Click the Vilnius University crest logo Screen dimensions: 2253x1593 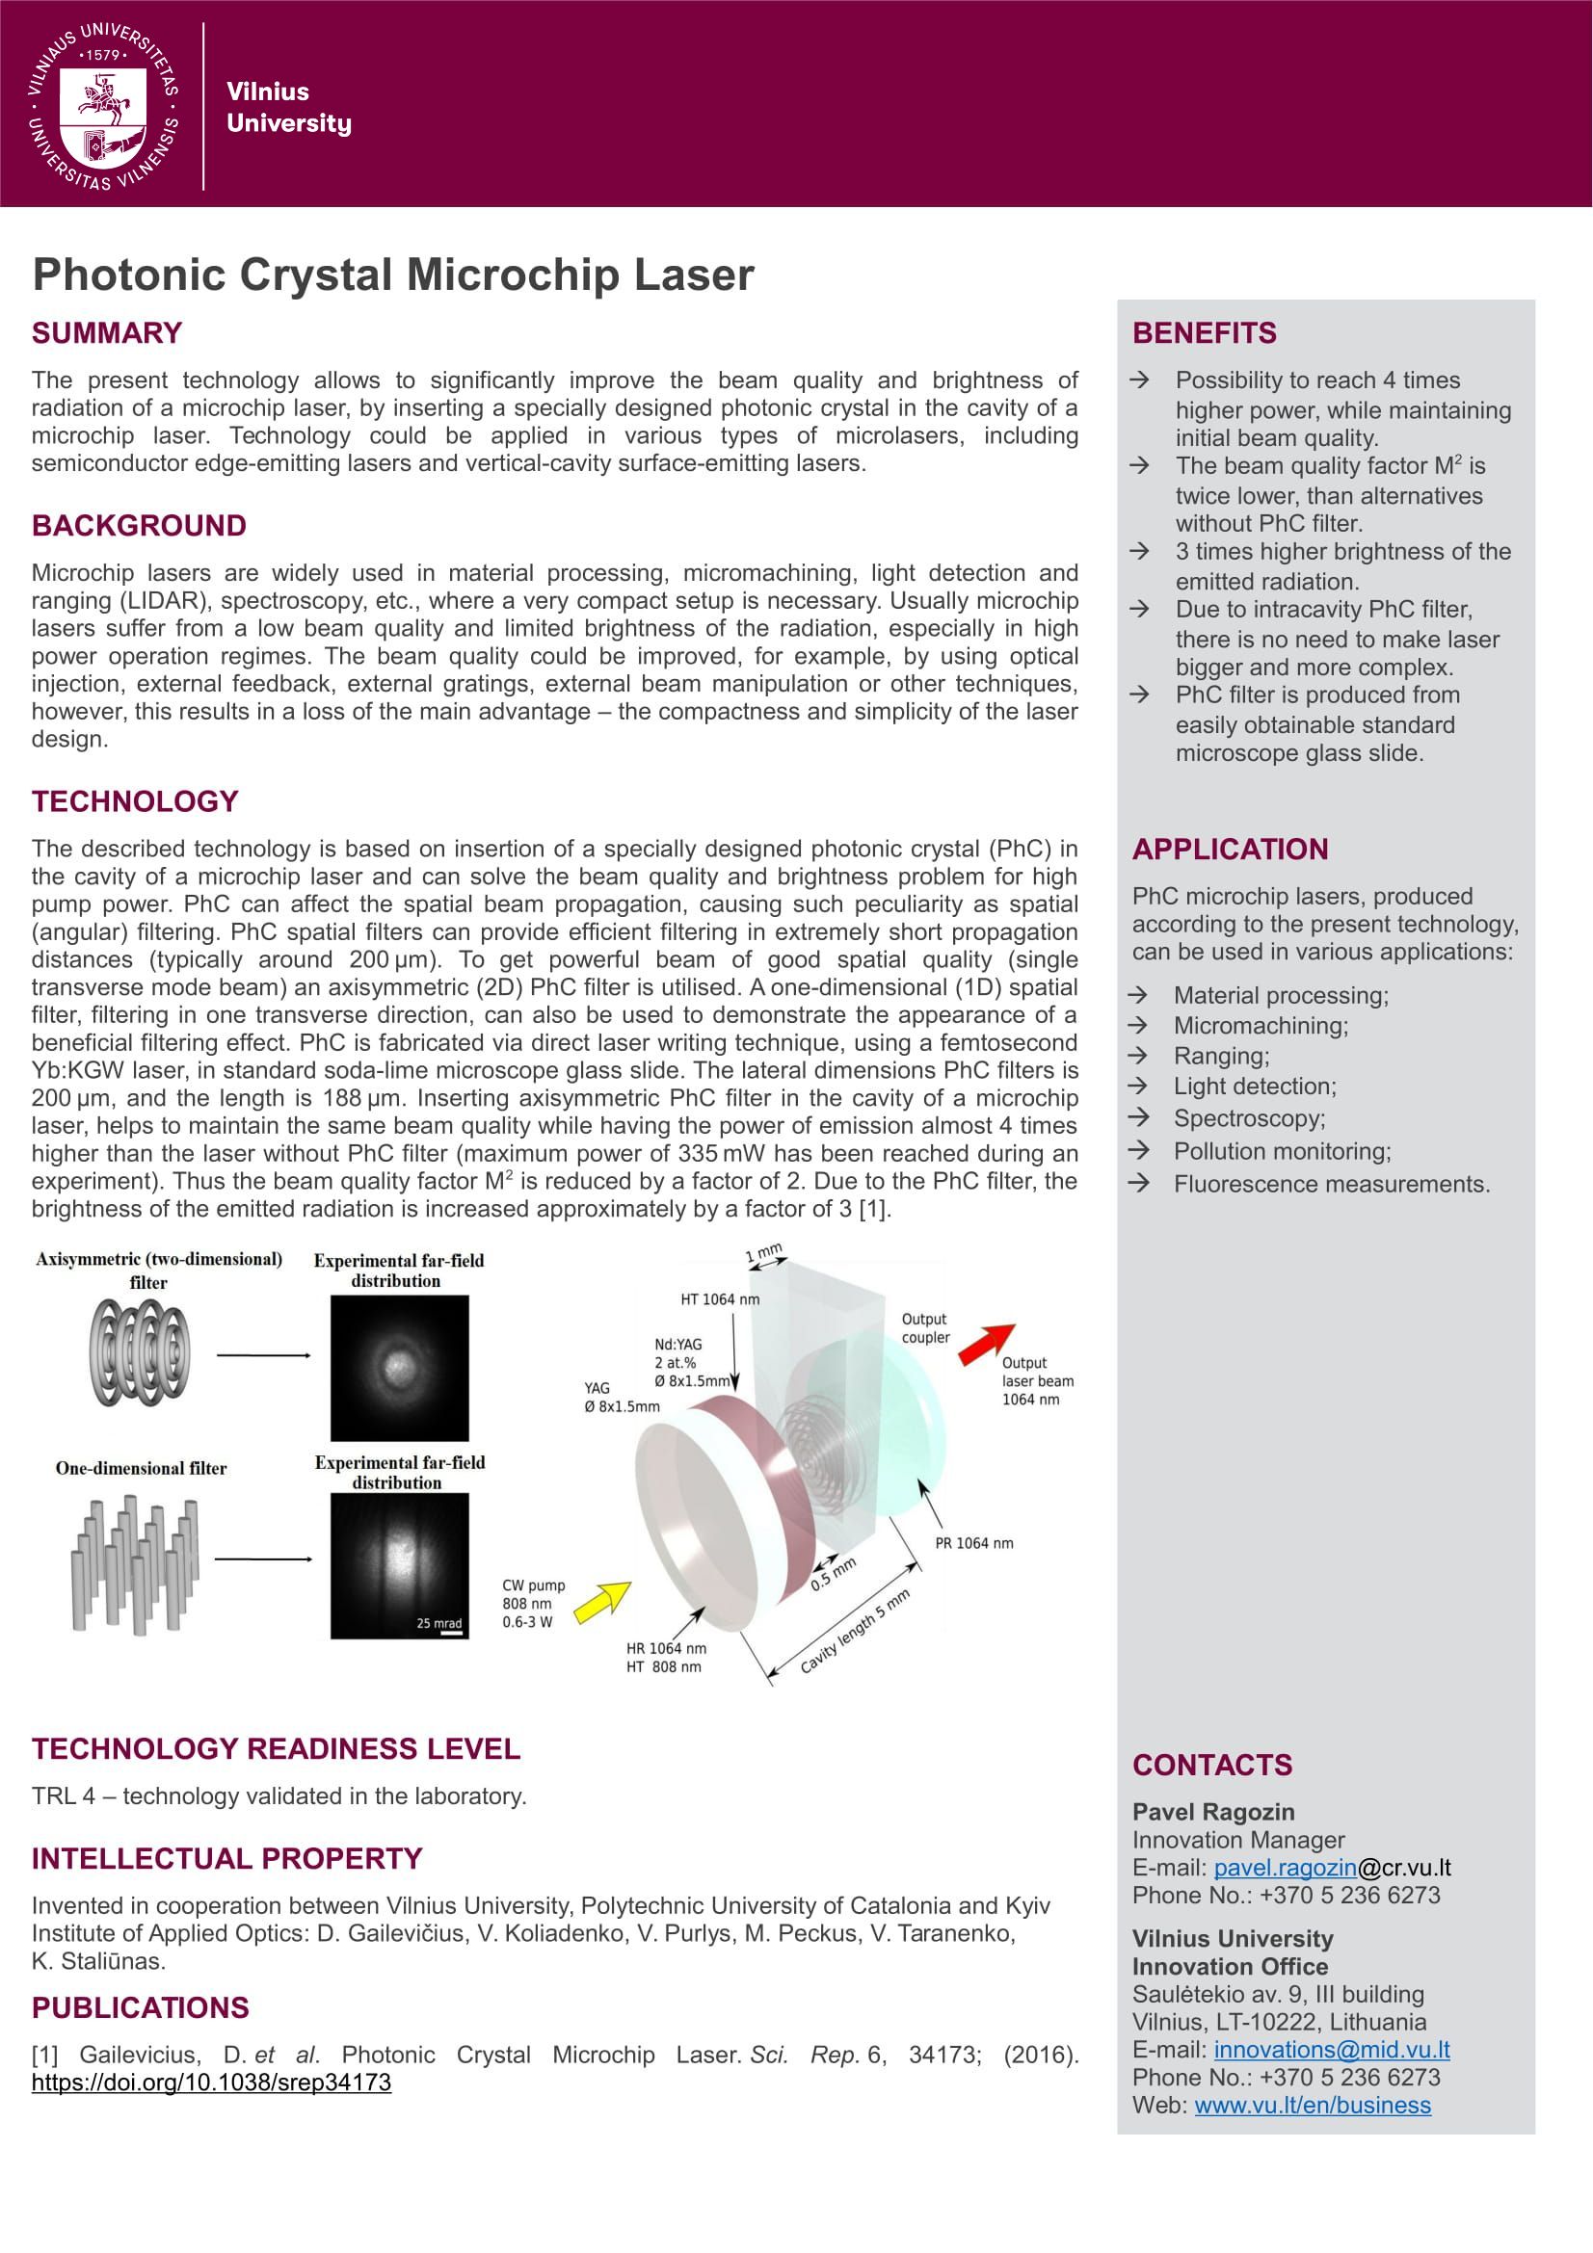(x=104, y=106)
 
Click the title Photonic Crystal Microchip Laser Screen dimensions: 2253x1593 (x=392, y=275)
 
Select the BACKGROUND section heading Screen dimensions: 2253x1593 (x=139, y=526)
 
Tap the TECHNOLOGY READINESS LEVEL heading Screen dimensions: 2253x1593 (x=276, y=1748)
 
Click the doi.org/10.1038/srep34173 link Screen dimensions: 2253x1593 (x=211, y=2083)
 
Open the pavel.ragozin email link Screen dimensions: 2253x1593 (x=1285, y=1869)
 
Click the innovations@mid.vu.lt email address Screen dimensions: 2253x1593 (x=1331, y=2049)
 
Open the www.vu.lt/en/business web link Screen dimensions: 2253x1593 (x=1313, y=2105)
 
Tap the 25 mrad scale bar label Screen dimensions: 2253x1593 (x=438, y=1623)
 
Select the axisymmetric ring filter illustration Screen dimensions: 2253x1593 (x=141, y=1352)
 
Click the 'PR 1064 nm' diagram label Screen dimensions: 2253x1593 (x=973, y=1543)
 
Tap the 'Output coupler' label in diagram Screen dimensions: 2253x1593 (x=925, y=1327)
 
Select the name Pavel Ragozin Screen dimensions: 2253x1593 (x=1213, y=1813)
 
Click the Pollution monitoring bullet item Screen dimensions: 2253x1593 (x=1282, y=1151)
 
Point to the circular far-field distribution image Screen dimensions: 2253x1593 (x=400, y=1367)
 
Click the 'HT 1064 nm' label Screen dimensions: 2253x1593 (x=720, y=1299)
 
